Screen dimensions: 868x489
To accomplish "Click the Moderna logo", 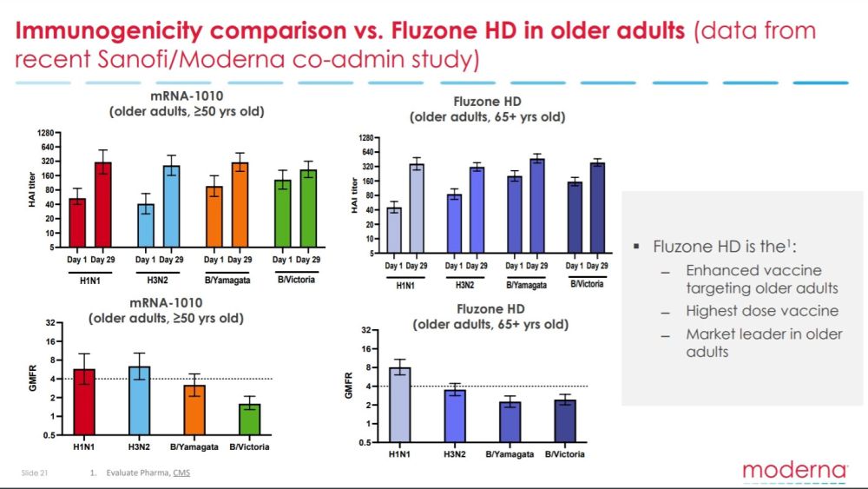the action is click(x=794, y=471).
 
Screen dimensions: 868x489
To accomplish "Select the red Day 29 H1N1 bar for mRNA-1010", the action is click(x=103, y=205).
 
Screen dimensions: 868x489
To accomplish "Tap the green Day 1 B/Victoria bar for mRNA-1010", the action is click(x=283, y=213).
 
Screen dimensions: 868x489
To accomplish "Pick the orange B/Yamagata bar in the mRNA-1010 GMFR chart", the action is click(x=194, y=410).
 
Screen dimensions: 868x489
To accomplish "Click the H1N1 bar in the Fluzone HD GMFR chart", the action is click(x=399, y=405).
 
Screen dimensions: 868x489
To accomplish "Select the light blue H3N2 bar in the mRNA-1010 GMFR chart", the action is click(x=139, y=400).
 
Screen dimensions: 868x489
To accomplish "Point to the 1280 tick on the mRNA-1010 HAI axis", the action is click(x=47, y=133).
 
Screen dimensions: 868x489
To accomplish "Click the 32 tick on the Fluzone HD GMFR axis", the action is click(x=367, y=330).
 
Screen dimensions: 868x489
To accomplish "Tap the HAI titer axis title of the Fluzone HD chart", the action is click(x=354, y=195).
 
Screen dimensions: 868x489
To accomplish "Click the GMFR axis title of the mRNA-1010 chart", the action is click(x=33, y=378).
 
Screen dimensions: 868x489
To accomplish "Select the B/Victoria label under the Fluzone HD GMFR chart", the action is click(x=565, y=454).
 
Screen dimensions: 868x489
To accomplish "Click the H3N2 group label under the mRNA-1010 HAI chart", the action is click(x=158, y=281).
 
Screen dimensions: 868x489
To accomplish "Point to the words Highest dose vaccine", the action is click(x=762, y=311).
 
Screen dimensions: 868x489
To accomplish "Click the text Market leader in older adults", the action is click(x=764, y=343).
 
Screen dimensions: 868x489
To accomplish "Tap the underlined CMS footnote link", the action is click(x=181, y=472).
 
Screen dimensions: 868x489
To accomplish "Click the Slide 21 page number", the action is click(x=35, y=472).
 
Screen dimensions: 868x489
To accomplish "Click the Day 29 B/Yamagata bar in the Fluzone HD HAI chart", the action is click(x=537, y=206).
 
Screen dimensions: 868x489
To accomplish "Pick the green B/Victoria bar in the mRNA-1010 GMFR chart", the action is click(x=250, y=420).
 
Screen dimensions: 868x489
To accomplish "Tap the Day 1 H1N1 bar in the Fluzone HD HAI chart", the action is click(x=394, y=230).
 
